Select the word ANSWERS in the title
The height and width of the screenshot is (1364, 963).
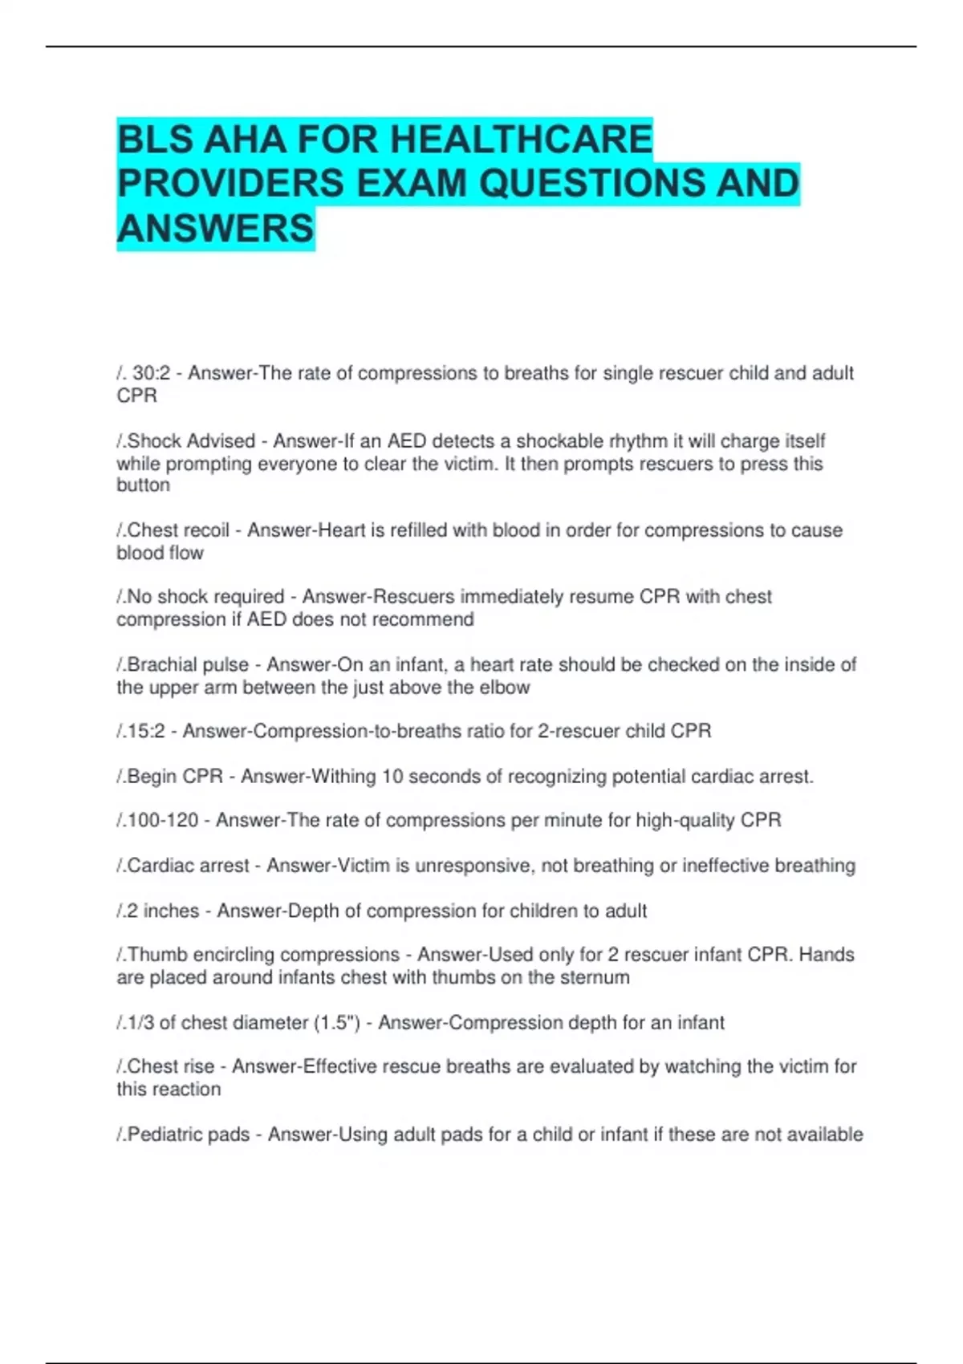click(x=215, y=229)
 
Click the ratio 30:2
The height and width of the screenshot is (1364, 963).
click(x=152, y=374)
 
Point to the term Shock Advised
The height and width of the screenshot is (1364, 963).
click(x=191, y=441)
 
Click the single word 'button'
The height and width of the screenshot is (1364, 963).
click(x=143, y=485)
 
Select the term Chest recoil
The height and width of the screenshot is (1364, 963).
click(x=178, y=530)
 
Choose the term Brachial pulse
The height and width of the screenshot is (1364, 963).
click(x=188, y=665)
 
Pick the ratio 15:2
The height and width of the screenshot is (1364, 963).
click(x=149, y=732)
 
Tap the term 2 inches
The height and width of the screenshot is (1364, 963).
click(x=163, y=911)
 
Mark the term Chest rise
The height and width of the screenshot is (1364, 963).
click(x=171, y=1067)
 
